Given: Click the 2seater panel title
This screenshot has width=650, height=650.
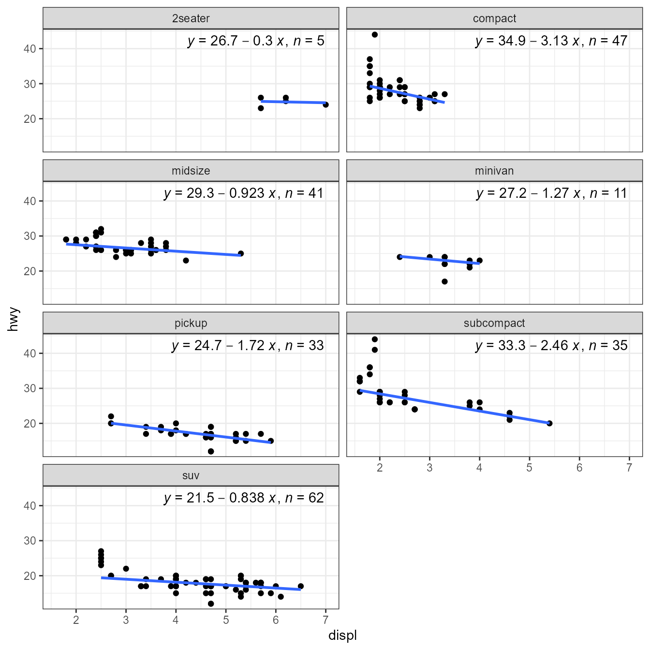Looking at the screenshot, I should tap(191, 19).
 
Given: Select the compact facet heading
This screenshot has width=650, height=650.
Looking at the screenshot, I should tap(494, 19).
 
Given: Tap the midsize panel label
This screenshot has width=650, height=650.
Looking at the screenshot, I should tap(191, 171).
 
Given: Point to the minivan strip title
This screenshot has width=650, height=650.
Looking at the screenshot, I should tap(494, 171).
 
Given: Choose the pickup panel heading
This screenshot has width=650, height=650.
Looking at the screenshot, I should tap(191, 324).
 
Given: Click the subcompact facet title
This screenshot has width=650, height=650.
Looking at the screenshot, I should tap(494, 324).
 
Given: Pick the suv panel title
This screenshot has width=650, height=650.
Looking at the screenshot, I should tap(191, 476).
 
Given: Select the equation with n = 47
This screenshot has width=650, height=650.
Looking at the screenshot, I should tap(551, 41).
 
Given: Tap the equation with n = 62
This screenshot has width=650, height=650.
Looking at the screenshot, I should tap(244, 498).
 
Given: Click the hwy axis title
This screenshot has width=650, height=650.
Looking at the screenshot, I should tap(14, 319).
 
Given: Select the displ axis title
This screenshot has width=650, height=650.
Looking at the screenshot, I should tap(342, 635).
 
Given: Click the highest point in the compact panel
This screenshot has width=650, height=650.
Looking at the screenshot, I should tap(375, 35).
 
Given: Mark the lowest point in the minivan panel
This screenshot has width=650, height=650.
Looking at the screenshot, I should tap(444, 281).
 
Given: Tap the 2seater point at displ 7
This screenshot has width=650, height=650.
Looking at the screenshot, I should tap(325, 104).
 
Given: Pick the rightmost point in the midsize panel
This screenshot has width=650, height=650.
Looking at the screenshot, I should tap(241, 253).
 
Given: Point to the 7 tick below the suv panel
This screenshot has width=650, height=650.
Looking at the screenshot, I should tap(325, 620).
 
